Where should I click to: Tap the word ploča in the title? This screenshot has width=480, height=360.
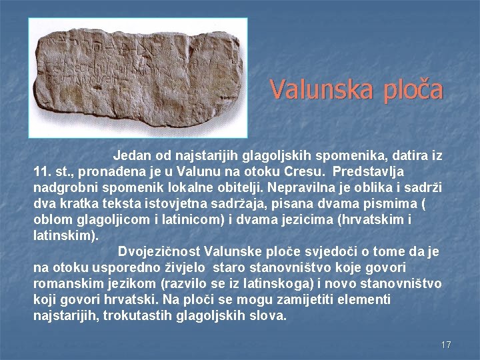coord(411,89)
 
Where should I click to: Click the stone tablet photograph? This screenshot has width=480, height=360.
coord(138,77)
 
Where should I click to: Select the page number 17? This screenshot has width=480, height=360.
coord(446,345)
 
